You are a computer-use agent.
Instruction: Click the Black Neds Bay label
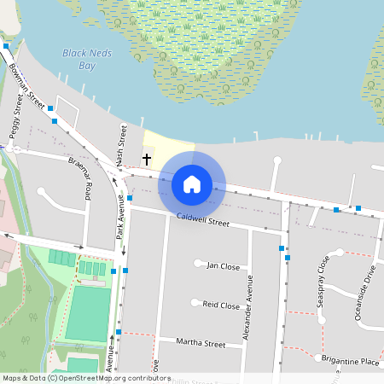click(79, 58)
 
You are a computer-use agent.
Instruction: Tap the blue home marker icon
click(192, 183)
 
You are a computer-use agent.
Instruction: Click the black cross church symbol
click(147, 159)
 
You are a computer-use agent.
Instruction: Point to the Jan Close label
click(224, 265)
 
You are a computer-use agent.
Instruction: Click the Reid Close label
click(221, 305)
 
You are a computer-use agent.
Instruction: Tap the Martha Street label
click(200, 344)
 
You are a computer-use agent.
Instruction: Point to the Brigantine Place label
click(352, 362)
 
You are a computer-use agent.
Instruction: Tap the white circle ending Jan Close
click(198, 263)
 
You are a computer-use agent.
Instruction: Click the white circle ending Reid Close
click(195, 302)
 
